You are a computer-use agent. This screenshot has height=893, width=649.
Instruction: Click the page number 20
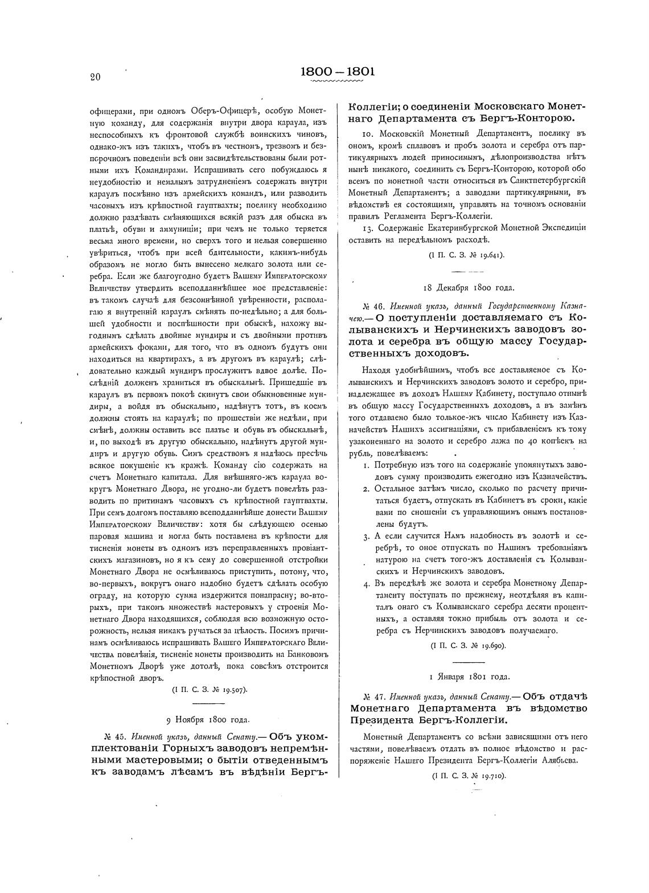(95, 77)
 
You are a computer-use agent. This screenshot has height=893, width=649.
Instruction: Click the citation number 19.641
(488, 255)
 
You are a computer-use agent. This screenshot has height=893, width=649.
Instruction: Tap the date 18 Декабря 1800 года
(468, 288)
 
